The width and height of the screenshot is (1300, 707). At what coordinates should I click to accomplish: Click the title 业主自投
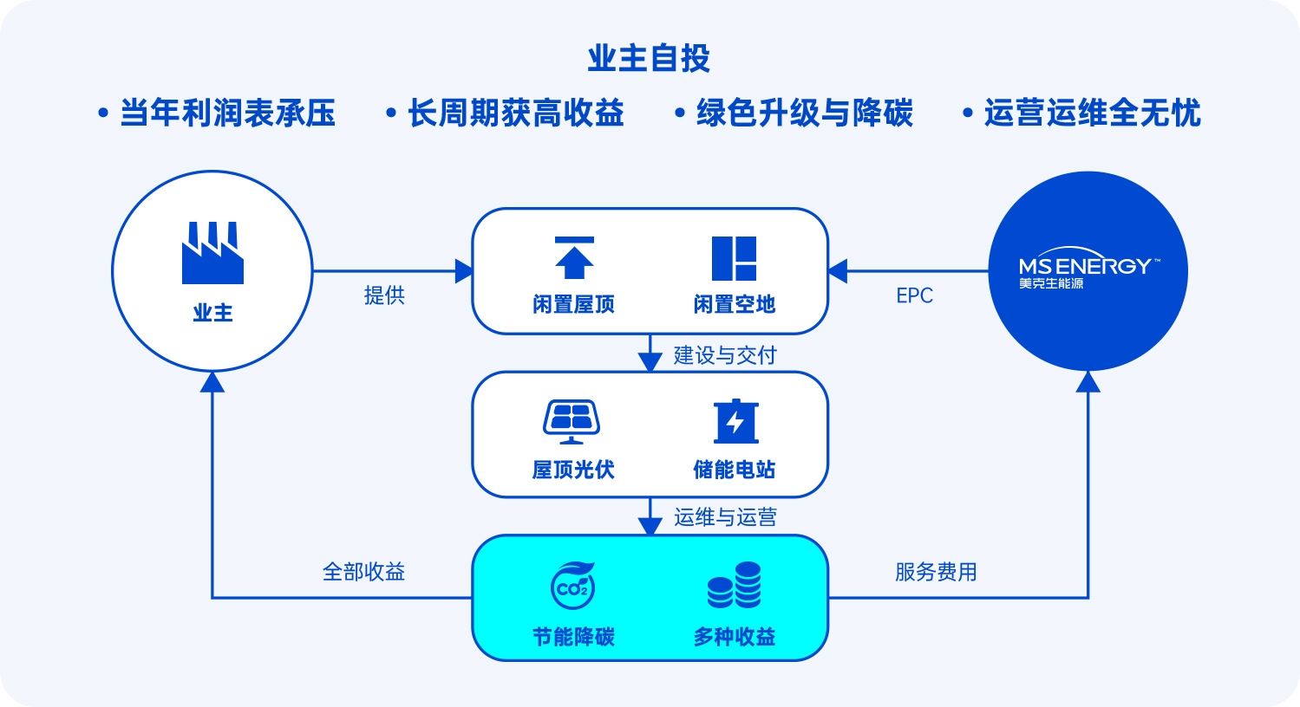[x=649, y=58]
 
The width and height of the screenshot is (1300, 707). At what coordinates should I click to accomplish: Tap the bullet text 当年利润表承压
[x=227, y=113]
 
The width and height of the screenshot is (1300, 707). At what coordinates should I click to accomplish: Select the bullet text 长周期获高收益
[x=516, y=113]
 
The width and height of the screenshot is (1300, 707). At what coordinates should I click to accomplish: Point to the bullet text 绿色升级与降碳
[x=805, y=113]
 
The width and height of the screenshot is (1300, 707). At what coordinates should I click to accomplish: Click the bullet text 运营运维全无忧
[x=1092, y=113]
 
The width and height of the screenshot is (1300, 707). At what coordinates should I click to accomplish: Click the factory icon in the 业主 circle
[x=212, y=253]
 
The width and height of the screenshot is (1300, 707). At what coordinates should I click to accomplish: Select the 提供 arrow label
[x=384, y=295]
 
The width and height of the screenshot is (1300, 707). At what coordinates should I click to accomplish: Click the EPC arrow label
[x=915, y=295]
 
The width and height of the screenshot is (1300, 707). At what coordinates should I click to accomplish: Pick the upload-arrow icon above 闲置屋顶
[x=574, y=258]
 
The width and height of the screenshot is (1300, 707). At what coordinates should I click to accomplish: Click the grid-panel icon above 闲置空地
[x=735, y=258]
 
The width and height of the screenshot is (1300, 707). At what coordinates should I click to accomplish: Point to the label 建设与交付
[x=725, y=355]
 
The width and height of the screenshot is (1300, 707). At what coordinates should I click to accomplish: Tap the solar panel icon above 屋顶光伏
[x=572, y=422]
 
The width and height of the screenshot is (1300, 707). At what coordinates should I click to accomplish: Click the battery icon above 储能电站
[x=736, y=421]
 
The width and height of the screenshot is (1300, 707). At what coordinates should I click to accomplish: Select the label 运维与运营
[x=725, y=516]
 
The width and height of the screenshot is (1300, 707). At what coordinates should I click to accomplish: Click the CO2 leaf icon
[x=572, y=586]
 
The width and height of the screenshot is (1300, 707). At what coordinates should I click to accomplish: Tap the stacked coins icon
[x=735, y=585]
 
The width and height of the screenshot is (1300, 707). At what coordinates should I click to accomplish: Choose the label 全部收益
[x=363, y=572]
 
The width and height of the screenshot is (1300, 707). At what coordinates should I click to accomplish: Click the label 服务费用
[x=936, y=572]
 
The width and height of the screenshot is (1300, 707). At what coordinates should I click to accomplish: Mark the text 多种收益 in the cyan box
[x=735, y=637]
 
